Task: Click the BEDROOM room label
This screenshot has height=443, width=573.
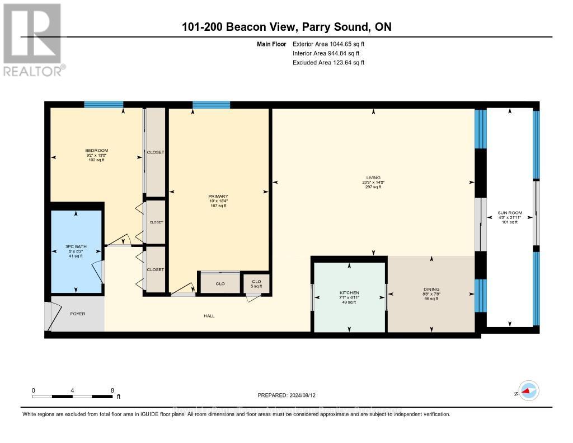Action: point(96,151)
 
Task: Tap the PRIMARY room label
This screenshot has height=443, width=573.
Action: point(218,197)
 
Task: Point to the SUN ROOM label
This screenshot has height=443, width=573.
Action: point(510,213)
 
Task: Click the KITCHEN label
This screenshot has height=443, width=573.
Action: point(349,293)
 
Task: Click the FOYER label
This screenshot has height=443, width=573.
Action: point(77,314)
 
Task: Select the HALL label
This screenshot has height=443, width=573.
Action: point(209,316)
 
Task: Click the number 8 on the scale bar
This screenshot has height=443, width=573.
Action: point(112,390)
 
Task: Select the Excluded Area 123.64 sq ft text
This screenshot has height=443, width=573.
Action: point(328,63)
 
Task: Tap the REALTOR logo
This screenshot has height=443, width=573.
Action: point(33,39)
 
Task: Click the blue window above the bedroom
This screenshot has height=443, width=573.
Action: point(104,104)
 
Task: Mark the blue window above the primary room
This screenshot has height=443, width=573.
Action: point(211,104)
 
